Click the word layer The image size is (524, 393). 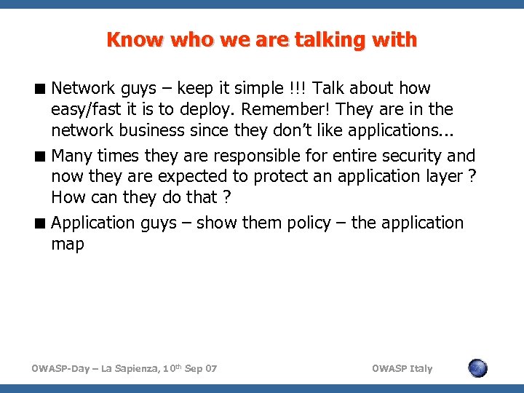[437, 177]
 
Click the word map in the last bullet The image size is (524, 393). [68, 244]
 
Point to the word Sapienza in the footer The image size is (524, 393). [143, 368]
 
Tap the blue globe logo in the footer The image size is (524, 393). [477, 368]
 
